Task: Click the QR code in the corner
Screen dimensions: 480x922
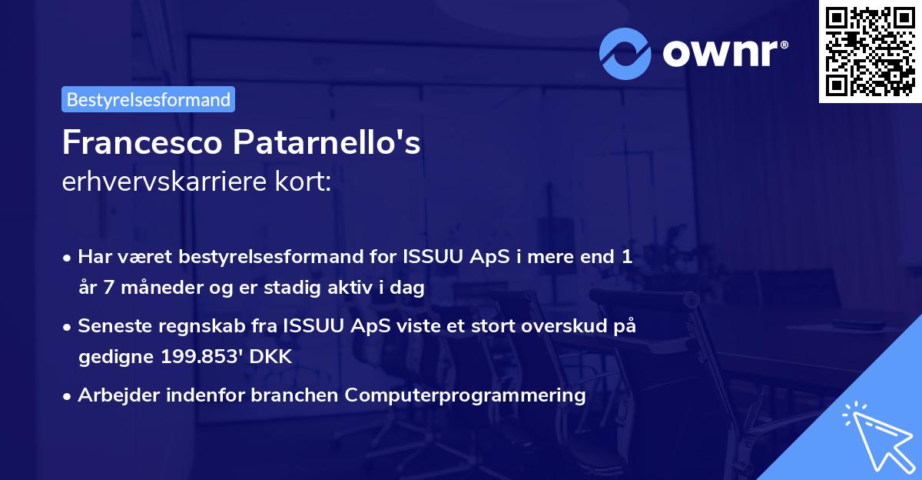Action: (x=870, y=52)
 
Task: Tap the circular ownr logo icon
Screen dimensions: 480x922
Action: (x=625, y=53)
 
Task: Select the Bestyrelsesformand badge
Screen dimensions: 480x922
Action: (x=148, y=99)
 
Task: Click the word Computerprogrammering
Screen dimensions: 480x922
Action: (x=466, y=395)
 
